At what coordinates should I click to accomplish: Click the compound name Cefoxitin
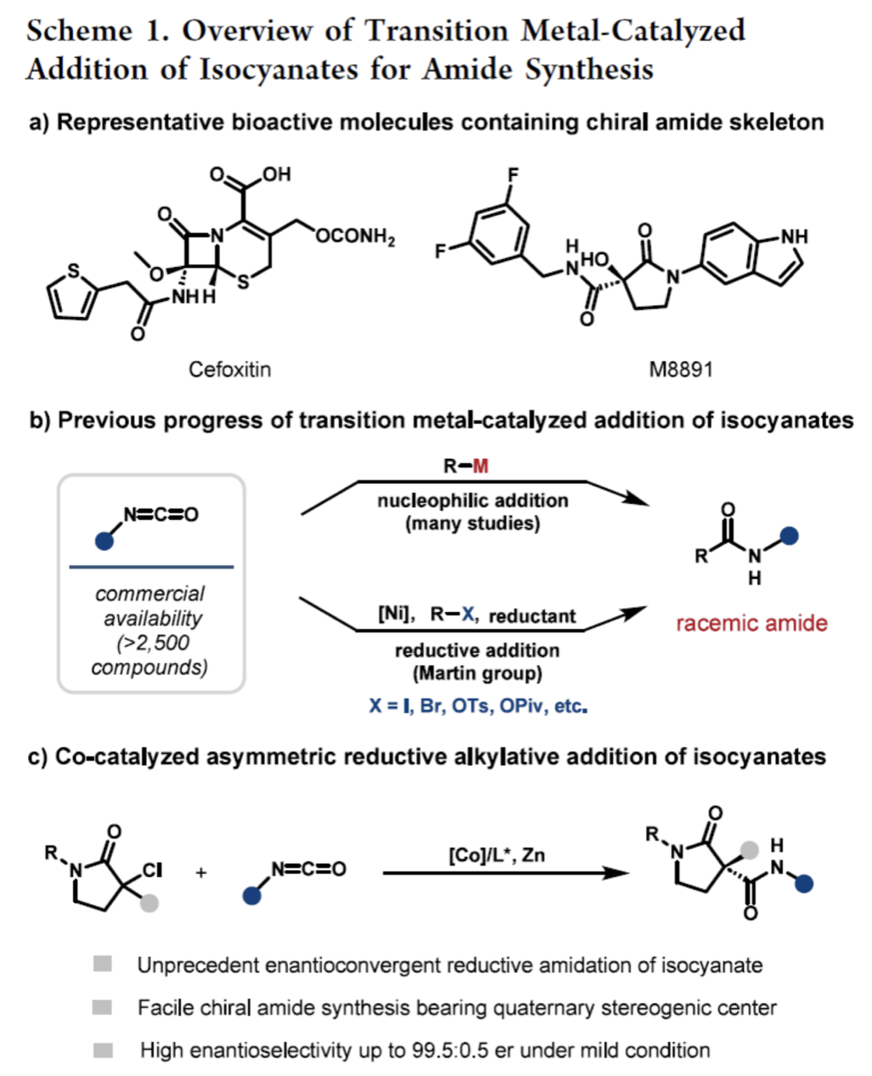pyautogui.click(x=229, y=370)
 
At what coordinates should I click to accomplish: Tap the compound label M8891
pyautogui.click(x=681, y=370)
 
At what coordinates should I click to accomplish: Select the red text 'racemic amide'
pyautogui.click(x=751, y=623)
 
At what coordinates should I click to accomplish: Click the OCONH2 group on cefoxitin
pyautogui.click(x=355, y=236)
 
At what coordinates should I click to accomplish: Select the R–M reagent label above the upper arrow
pyautogui.click(x=466, y=466)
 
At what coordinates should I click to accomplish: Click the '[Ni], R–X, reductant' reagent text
pyautogui.click(x=477, y=615)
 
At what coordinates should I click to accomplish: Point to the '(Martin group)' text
pyautogui.click(x=477, y=674)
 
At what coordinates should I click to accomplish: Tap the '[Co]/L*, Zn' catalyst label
pyautogui.click(x=496, y=854)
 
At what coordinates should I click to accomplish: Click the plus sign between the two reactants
pyautogui.click(x=201, y=872)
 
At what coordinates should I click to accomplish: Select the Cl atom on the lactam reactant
pyautogui.click(x=151, y=870)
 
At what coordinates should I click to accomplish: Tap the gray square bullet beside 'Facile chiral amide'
pyautogui.click(x=102, y=1007)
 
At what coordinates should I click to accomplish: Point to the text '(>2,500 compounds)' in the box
pyautogui.click(x=150, y=654)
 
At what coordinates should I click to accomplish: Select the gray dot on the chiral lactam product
pyautogui.click(x=749, y=849)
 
